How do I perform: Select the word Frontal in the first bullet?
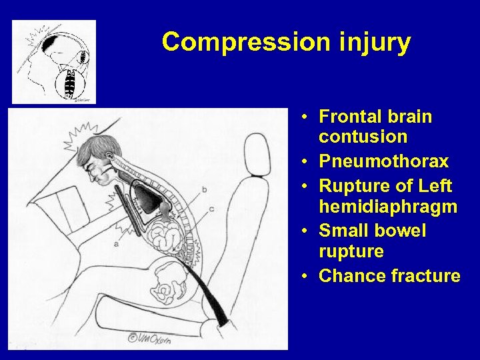click(x=348, y=117)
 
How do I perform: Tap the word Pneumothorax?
click(x=383, y=162)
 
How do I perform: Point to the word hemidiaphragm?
click(x=388, y=207)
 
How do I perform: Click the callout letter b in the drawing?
click(x=203, y=190)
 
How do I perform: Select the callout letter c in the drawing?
click(x=211, y=209)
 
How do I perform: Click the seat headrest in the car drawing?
click(x=256, y=154)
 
